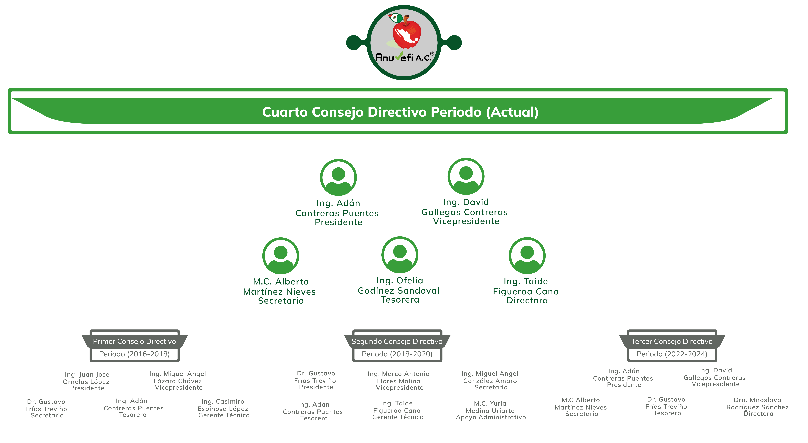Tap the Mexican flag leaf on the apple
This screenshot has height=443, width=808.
pos(396,18)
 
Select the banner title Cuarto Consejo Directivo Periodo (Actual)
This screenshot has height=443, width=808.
pos(400,112)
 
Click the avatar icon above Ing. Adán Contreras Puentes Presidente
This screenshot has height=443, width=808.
pos(338,177)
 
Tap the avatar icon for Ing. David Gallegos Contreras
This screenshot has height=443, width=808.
pos(466,176)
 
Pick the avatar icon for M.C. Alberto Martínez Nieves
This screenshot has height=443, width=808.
pos(281,256)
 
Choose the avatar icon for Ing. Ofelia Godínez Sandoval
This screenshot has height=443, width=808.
pos(400,255)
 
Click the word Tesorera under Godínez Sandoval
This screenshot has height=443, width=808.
pos(400,300)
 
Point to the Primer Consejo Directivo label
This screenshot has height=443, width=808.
pos(134,341)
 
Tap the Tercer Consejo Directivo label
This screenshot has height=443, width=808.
pos(672,341)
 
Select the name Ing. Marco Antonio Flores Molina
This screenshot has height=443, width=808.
pos(399,377)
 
